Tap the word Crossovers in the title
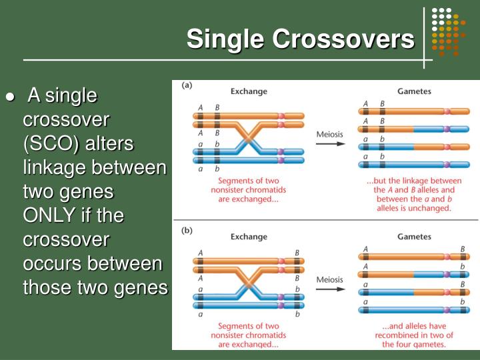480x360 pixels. [x=343, y=39]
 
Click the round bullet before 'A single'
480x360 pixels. [x=10, y=97]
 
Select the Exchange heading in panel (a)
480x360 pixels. [x=249, y=91]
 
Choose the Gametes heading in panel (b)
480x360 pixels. [x=414, y=237]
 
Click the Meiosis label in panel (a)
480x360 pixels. [x=330, y=134]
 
